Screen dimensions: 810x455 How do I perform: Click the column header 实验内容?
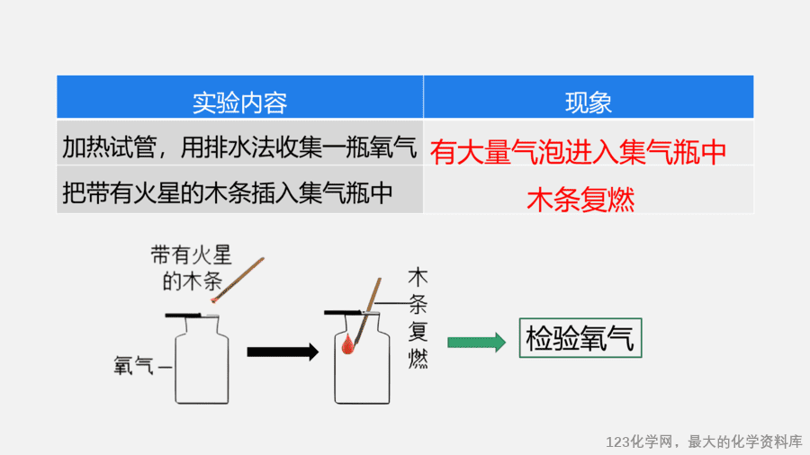pyautogui.click(x=239, y=103)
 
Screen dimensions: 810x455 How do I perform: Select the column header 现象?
pyautogui.click(x=589, y=103)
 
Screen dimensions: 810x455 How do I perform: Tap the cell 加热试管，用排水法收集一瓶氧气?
pyautogui.click(x=239, y=147)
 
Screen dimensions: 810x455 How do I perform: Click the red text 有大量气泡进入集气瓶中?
pyautogui.click(x=578, y=152)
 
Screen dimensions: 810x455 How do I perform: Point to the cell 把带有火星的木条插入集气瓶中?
pyautogui.click(x=228, y=193)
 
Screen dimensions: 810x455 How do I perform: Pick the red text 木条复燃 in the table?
pyautogui.click(x=580, y=200)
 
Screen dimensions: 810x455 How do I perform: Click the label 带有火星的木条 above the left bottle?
pyautogui.click(x=192, y=268)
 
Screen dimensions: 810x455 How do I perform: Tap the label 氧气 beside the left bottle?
pyautogui.click(x=134, y=366)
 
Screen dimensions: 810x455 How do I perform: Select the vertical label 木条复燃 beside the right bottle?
pyautogui.click(x=418, y=317)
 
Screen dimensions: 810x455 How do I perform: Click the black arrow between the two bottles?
pyautogui.click(x=283, y=352)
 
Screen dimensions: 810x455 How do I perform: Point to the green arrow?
pyautogui.click(x=476, y=342)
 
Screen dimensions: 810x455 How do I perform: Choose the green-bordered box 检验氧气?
pyautogui.click(x=580, y=338)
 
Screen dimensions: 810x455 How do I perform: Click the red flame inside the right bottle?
pyautogui.click(x=347, y=344)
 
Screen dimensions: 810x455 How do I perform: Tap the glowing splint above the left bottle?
pyautogui.click(x=238, y=281)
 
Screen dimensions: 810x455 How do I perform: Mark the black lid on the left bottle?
pyautogui.click(x=183, y=315)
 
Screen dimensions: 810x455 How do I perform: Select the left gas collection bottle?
pyautogui.click(x=202, y=360)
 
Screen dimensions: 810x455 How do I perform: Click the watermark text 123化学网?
pyautogui.click(x=640, y=442)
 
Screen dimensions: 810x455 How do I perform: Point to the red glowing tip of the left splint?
pyautogui.click(x=214, y=299)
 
